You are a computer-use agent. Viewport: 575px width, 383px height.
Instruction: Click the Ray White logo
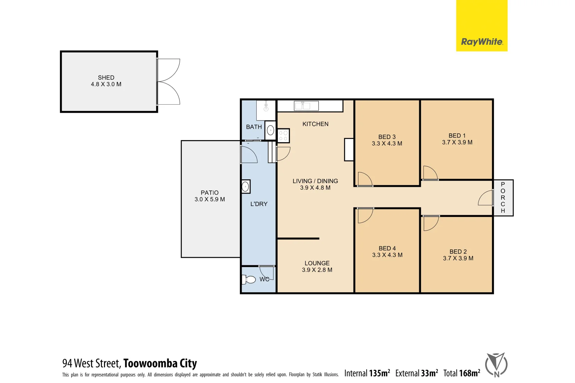pyautogui.click(x=481, y=42)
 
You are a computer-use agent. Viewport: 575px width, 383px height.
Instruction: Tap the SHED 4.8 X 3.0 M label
pyautogui.click(x=106, y=81)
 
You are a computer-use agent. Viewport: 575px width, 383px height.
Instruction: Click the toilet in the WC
pyautogui.click(x=250, y=280)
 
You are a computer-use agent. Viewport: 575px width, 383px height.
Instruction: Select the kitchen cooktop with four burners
pyautogui.click(x=283, y=136)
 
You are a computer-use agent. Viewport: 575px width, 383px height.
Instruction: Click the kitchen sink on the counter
pyautogui.click(x=306, y=106)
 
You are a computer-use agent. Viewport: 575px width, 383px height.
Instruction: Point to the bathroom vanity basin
pyautogui.click(x=270, y=130)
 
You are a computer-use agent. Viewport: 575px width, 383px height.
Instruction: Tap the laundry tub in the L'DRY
pyautogui.click(x=246, y=187)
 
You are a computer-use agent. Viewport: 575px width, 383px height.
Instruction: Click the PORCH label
pyautogui.click(x=503, y=198)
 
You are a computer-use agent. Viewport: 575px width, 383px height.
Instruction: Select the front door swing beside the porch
pyautogui.click(x=486, y=198)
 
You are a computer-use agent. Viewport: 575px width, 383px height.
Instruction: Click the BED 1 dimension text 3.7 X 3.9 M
pyautogui.click(x=457, y=142)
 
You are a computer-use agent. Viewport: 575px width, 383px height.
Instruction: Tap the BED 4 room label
pyautogui.click(x=387, y=248)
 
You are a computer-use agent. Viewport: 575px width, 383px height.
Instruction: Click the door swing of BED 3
pyautogui.click(x=365, y=179)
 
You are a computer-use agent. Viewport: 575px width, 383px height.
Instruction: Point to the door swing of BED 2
pyautogui.click(x=431, y=223)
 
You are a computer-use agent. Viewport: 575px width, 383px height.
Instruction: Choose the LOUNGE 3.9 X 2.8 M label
pyautogui.click(x=317, y=266)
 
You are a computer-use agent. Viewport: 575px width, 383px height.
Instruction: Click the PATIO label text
pyautogui.click(x=209, y=193)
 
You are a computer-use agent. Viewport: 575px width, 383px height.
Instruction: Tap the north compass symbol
pyautogui.click(x=496, y=365)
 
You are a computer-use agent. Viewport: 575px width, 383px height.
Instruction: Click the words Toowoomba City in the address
pyautogui.click(x=160, y=363)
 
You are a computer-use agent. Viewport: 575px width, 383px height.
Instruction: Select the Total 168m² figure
pyautogui.click(x=461, y=373)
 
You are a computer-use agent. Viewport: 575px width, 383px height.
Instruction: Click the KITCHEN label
pyautogui.click(x=315, y=124)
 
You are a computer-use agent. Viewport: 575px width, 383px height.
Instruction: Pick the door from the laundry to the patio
pyautogui.click(x=248, y=155)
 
